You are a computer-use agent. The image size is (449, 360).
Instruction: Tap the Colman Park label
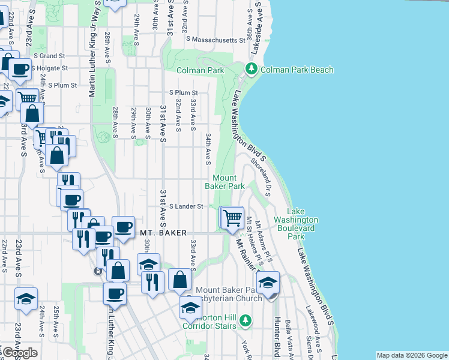coord(200,70)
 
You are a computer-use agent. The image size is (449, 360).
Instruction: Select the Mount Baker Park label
coord(229,182)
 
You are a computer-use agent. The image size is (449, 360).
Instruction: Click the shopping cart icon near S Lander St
coord(233,217)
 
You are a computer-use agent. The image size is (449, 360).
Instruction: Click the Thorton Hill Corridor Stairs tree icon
coord(245,320)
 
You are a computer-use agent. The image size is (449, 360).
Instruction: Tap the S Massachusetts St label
coord(216,40)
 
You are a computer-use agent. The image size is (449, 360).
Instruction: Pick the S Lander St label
coord(187,206)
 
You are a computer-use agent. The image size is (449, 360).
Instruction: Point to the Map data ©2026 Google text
coord(411,355)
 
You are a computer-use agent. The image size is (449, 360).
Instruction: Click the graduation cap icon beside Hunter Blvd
coord(268,283)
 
